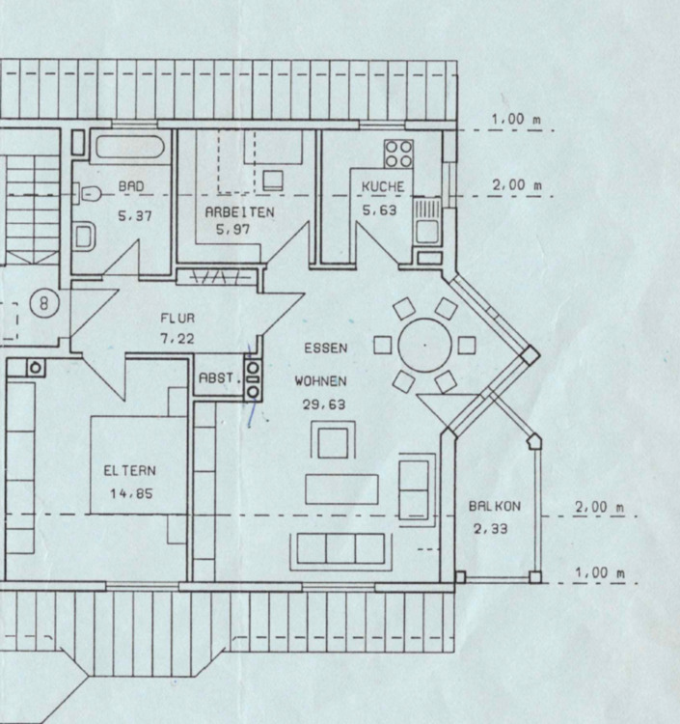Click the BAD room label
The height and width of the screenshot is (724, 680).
(131, 185)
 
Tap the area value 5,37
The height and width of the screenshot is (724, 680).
(134, 217)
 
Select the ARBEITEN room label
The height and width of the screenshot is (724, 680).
(239, 210)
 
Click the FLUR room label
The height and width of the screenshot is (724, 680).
(178, 317)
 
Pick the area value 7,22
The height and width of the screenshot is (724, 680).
(177, 338)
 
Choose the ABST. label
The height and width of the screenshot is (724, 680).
(219, 379)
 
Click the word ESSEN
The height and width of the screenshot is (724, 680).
(325, 348)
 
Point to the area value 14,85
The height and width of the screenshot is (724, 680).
(130, 494)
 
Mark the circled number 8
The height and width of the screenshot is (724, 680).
(46, 302)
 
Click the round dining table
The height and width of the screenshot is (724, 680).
(424, 345)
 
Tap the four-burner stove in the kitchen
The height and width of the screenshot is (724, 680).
(398, 153)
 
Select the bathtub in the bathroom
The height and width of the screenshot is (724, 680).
(131, 148)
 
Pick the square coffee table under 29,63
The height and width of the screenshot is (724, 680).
(332, 442)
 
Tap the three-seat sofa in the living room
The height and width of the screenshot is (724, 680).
(341, 548)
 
